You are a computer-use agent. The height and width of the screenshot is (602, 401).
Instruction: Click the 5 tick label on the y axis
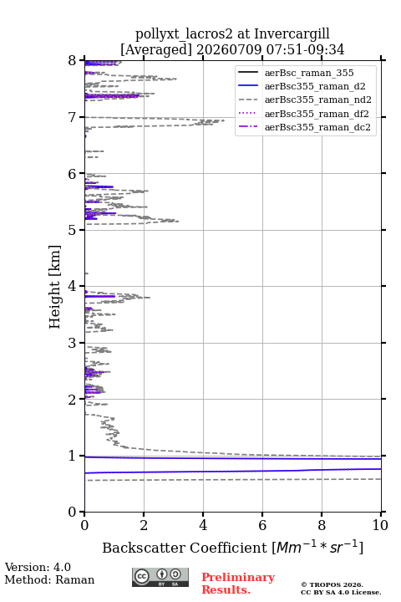tap(72, 230)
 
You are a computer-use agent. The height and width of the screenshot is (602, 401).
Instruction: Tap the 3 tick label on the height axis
tap(72, 343)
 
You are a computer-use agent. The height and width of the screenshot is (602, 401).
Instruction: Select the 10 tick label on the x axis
tap(380, 525)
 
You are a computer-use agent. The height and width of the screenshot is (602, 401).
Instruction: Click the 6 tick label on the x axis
tap(262, 525)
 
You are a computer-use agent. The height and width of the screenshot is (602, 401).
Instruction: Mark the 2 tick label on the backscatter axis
tap(144, 525)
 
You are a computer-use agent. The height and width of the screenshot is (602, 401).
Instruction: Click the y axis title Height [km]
tap(54, 287)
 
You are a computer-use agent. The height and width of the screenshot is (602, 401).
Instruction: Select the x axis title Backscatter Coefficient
tap(185, 548)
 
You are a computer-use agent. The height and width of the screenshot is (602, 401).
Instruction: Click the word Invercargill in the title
tap(292, 34)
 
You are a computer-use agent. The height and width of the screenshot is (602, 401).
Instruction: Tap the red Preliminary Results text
tap(238, 584)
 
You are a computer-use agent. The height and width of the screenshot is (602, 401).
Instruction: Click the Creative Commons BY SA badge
tap(160, 577)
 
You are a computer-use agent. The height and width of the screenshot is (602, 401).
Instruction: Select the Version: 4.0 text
tap(38, 567)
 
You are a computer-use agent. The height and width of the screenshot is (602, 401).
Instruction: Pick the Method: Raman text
tap(49, 579)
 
